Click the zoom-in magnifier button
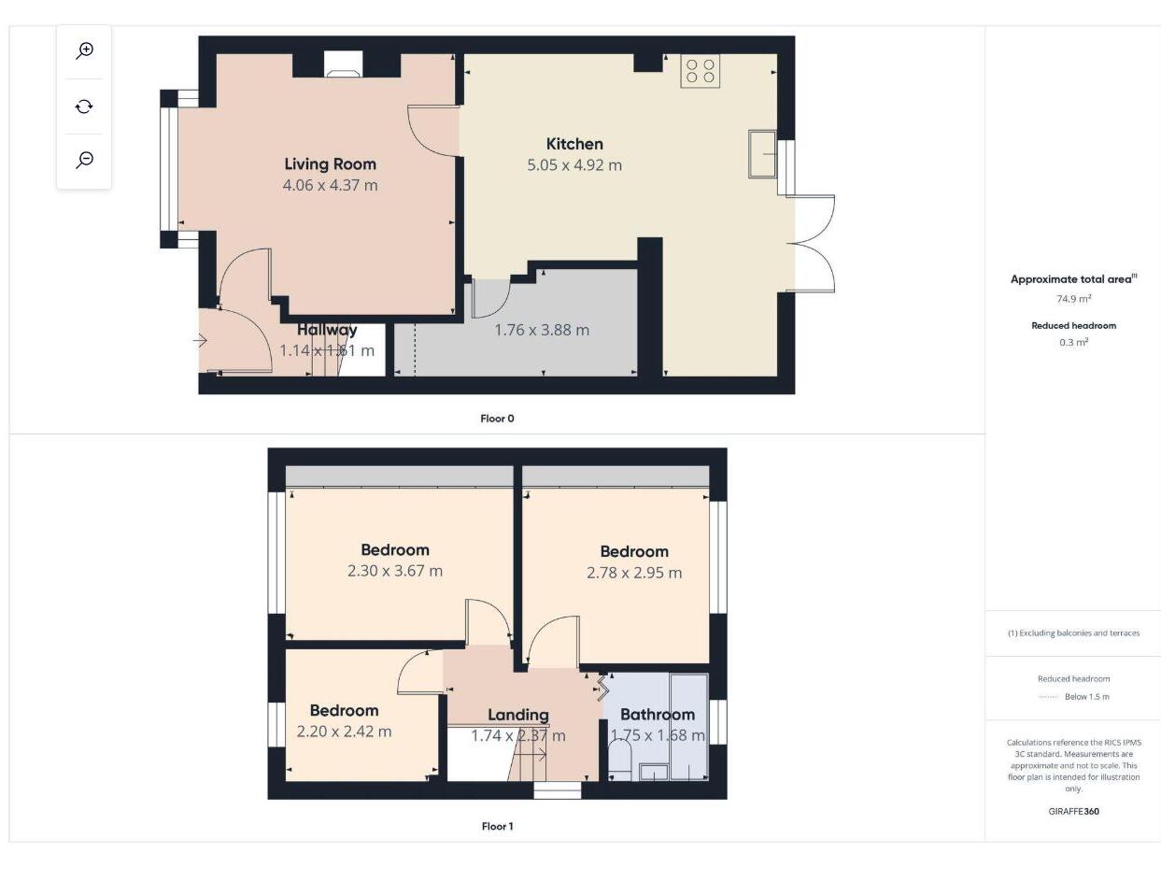pyautogui.click(x=85, y=50)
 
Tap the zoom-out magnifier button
pyautogui.click(x=85, y=160)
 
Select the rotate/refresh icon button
pyautogui.click(x=85, y=106)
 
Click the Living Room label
pyautogui.click(x=330, y=164)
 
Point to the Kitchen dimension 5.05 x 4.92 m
pyautogui.click(x=574, y=165)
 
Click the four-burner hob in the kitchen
pyautogui.click(x=701, y=71)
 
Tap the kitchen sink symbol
pyautogui.click(x=763, y=153)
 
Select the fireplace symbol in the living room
pyautogui.click(x=343, y=64)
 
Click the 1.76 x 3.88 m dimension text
pyautogui.click(x=542, y=330)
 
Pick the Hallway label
pyautogui.click(x=327, y=330)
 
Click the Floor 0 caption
pyautogui.click(x=497, y=419)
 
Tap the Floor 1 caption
pyautogui.click(x=497, y=826)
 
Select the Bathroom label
pyautogui.click(x=658, y=715)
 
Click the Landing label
pyautogui.click(x=518, y=715)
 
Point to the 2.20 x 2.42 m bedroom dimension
pyautogui.click(x=344, y=732)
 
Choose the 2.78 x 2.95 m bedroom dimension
pyautogui.click(x=634, y=573)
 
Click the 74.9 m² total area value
pyautogui.click(x=1073, y=299)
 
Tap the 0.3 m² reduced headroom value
pyautogui.click(x=1073, y=342)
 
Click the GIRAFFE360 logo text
pyautogui.click(x=1073, y=811)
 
